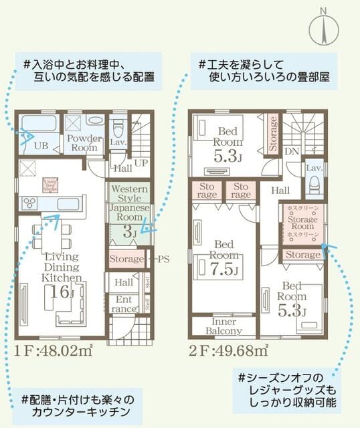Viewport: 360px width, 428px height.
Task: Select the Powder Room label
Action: pos(84,142)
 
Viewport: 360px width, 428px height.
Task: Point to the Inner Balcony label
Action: pos(223,326)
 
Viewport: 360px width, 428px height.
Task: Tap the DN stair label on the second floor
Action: pos(292,151)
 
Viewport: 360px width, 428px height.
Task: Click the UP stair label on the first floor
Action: pos(142,163)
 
